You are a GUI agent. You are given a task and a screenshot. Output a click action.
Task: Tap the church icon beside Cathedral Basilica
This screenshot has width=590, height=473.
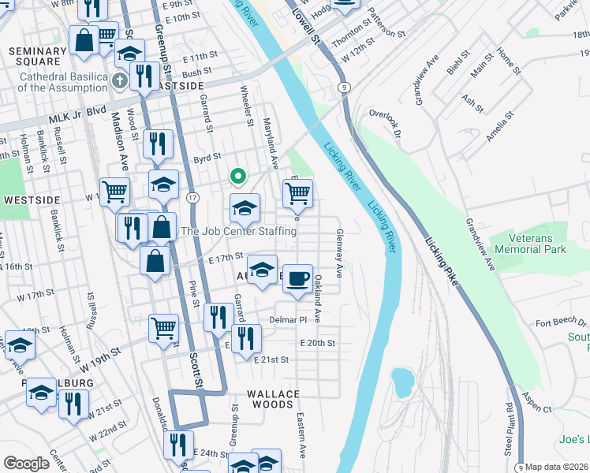point(119,80)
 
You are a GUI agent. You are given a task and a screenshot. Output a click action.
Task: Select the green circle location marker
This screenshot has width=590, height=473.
point(235,176)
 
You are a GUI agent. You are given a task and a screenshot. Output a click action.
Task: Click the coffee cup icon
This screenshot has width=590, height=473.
point(297,279)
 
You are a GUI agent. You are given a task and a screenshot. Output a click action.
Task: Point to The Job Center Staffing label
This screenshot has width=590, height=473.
point(239,231)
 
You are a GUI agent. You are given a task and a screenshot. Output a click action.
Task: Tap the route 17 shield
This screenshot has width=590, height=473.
point(192,196)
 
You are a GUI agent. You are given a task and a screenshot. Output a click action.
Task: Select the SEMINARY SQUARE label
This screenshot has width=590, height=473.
point(35,56)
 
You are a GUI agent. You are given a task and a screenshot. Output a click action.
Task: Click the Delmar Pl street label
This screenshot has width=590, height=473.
point(287,320)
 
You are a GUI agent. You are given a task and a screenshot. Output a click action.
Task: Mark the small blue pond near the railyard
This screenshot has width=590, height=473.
point(401,382)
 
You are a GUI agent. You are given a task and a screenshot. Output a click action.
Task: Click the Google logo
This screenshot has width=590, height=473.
point(27,464)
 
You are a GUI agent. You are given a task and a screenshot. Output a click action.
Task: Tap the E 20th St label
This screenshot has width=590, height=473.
point(318,343)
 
